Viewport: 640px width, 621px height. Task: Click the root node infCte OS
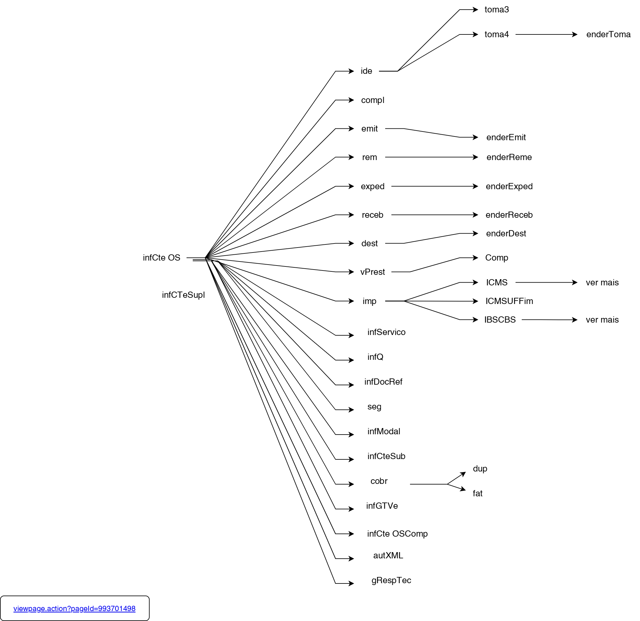point(161,258)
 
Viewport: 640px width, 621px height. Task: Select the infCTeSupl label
point(183,295)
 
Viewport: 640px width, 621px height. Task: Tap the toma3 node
point(496,10)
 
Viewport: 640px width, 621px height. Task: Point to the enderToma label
point(608,35)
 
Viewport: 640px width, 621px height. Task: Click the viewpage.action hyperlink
point(74,609)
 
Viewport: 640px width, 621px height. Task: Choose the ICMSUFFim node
point(509,301)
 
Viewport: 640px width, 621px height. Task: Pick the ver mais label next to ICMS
point(602,283)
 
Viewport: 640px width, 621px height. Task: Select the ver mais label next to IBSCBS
point(602,320)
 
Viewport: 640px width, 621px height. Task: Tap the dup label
point(480,469)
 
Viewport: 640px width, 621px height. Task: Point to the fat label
point(477,494)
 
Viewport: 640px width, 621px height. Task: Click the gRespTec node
point(391,580)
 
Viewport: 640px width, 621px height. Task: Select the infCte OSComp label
point(397,534)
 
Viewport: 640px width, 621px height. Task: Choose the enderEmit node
point(506,137)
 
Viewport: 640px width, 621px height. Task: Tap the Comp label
point(496,258)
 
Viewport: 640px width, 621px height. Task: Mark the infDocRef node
point(383,382)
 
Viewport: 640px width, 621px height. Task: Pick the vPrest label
point(372,272)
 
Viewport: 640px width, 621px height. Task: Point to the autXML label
point(388,556)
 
